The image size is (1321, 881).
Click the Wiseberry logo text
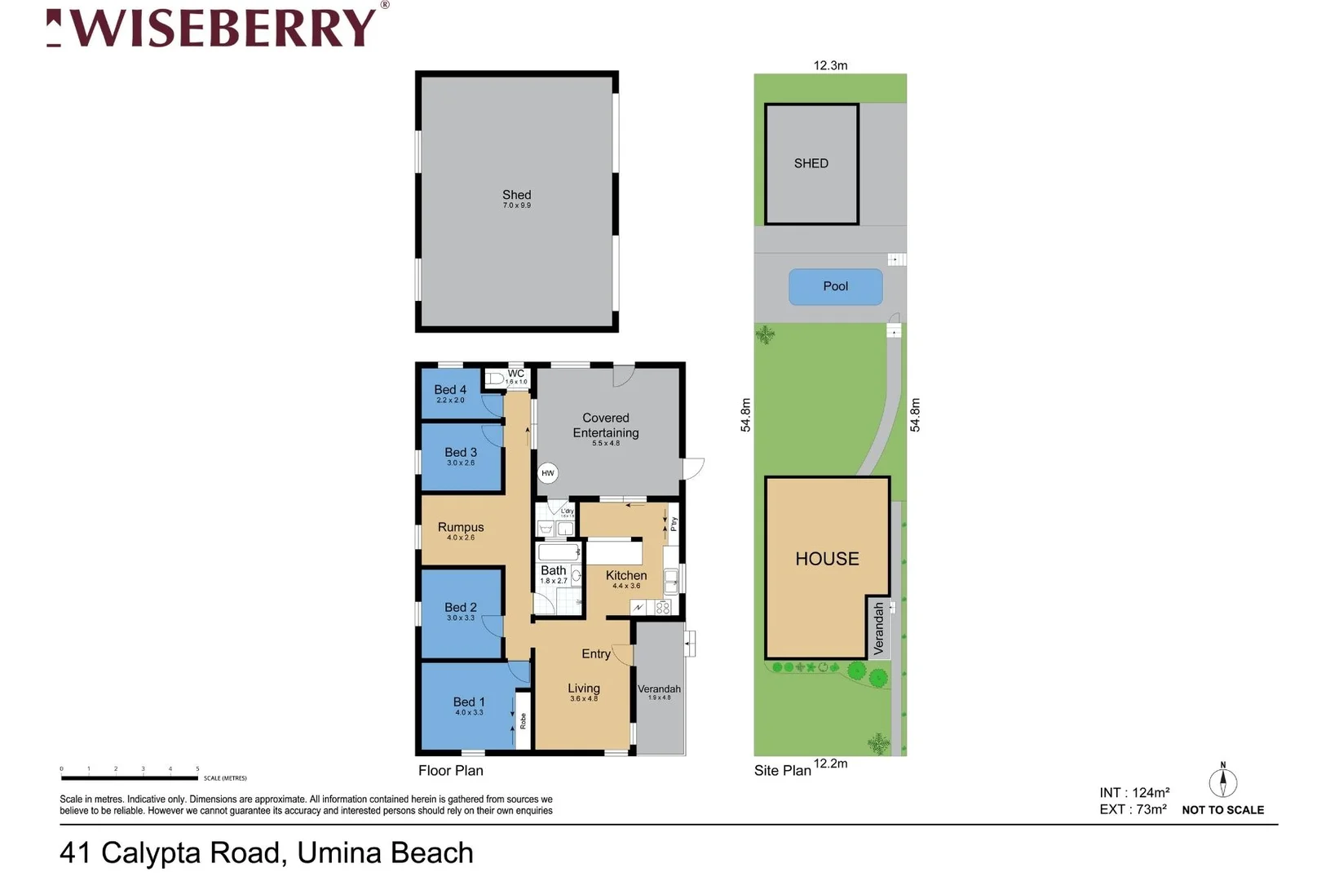[220, 29]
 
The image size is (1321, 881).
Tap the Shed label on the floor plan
[516, 195]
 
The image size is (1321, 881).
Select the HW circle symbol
[548, 473]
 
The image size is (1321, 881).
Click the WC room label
[516, 374]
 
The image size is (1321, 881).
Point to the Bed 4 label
[450, 390]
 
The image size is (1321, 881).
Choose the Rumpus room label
[461, 527]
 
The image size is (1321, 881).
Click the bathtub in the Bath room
[559, 552]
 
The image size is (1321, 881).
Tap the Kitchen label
[626, 575]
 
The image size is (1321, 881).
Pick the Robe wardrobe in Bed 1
[523, 720]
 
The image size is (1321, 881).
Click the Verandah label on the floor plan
[659, 689]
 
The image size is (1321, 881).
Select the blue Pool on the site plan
[835, 286]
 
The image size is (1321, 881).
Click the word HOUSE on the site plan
[827, 559]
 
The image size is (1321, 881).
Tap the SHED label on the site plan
[811, 163]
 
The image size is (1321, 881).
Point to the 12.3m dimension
[830, 65]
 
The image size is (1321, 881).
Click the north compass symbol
[1222, 781]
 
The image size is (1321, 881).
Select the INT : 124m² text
[1134, 792]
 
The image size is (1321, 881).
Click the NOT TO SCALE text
[1222, 810]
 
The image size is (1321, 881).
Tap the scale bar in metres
[130, 777]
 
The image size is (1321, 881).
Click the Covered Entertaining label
[605, 425]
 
